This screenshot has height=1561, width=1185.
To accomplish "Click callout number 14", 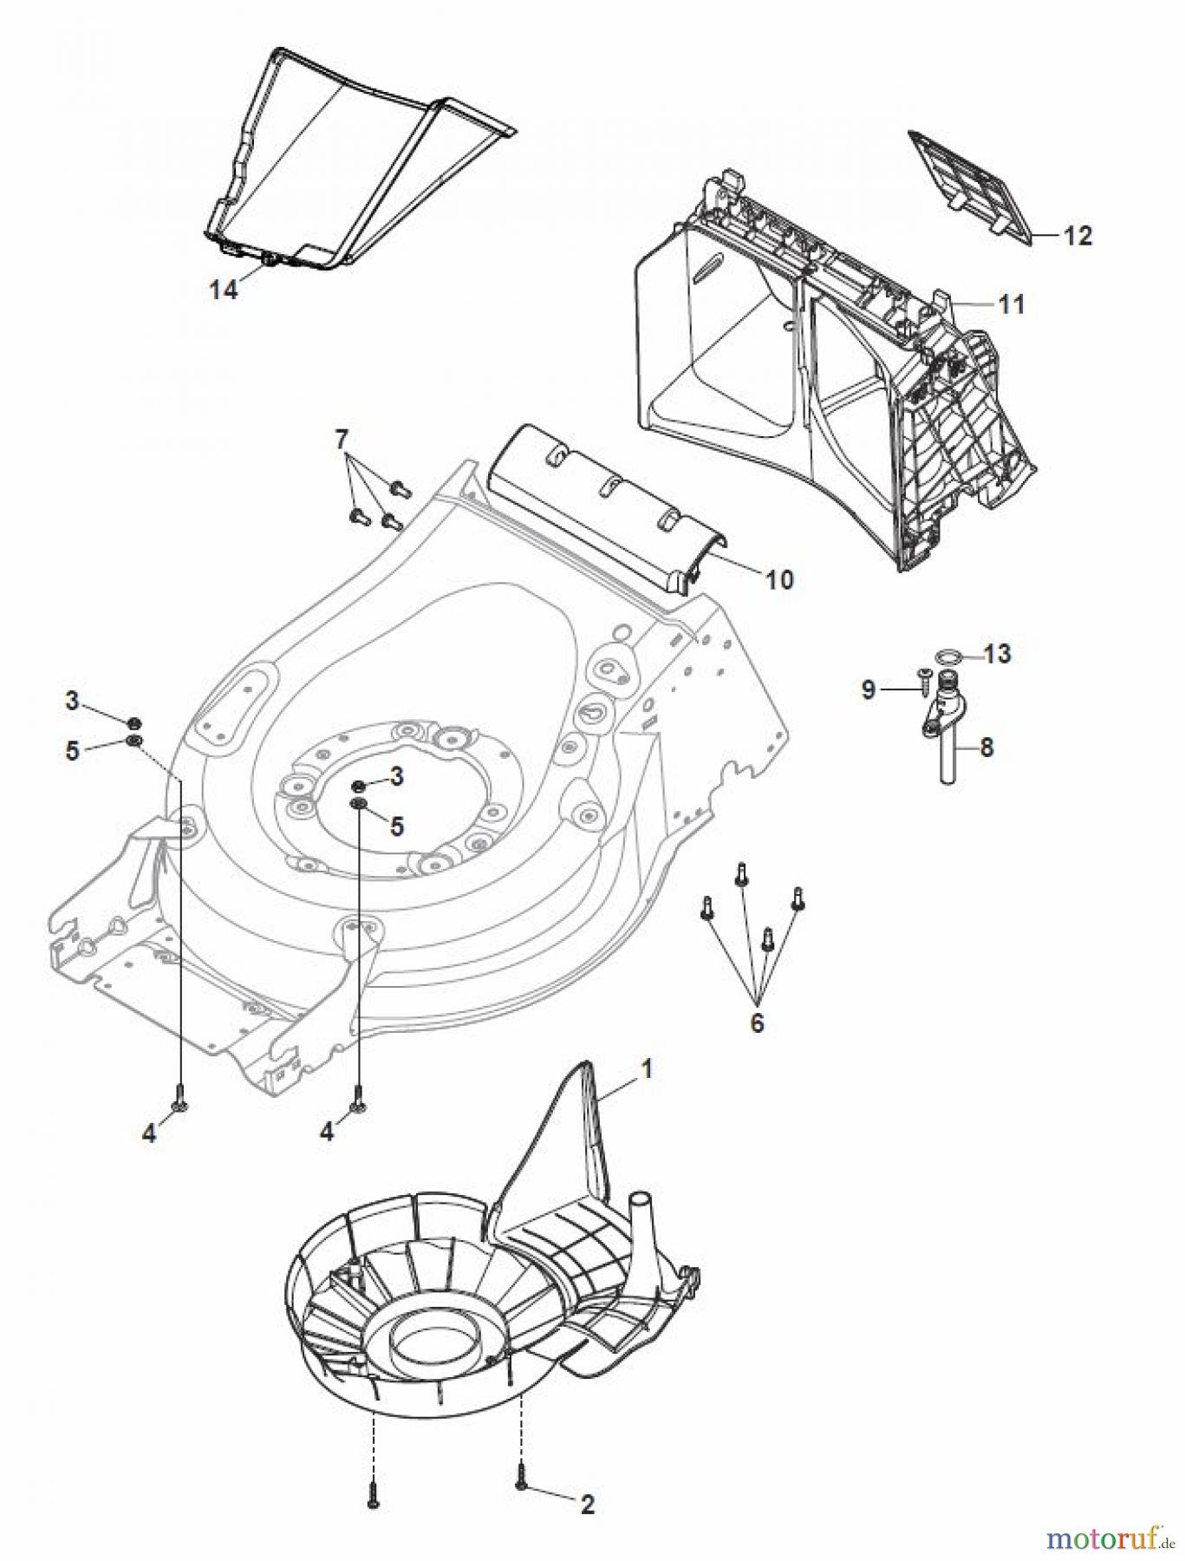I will (x=223, y=291).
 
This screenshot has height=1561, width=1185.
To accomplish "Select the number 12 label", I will (x=1078, y=235).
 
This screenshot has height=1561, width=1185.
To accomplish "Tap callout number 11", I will (x=1011, y=304).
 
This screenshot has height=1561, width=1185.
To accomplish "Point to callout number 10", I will (x=780, y=578).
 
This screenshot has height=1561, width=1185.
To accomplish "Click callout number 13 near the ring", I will (x=998, y=653).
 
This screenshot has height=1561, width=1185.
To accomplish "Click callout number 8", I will (x=986, y=747).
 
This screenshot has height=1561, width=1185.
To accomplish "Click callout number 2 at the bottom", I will (x=588, y=1505).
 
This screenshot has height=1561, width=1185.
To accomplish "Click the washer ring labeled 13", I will (x=949, y=656).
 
